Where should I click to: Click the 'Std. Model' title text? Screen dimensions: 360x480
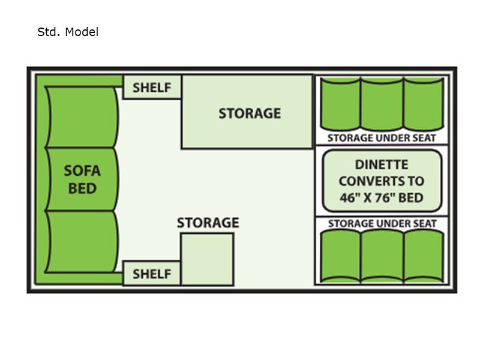pyautogui.click(x=68, y=32)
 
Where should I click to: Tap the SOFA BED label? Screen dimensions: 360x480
pyautogui.click(x=82, y=179)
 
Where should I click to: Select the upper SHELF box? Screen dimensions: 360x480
pyautogui.click(x=152, y=87)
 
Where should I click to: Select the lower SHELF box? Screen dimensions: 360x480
pyautogui.click(x=152, y=274)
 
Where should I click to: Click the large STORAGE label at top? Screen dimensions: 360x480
pyautogui.click(x=249, y=113)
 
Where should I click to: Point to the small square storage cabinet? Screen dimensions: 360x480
pyautogui.click(x=207, y=259)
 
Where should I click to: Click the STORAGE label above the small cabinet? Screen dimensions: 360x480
pyautogui.click(x=208, y=223)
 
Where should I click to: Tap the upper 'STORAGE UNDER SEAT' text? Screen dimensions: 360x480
pyautogui.click(x=382, y=137)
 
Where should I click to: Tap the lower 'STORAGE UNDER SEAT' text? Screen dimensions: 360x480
pyautogui.click(x=382, y=224)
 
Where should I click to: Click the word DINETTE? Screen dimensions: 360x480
pyautogui.click(x=381, y=164)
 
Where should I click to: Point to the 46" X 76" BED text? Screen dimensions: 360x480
pyautogui.click(x=381, y=197)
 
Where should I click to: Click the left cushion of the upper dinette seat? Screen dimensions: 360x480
pyautogui.click(x=341, y=103)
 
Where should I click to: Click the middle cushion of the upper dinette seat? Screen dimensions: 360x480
pyautogui.click(x=382, y=103)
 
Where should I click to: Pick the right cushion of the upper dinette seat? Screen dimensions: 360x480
pyautogui.click(x=423, y=103)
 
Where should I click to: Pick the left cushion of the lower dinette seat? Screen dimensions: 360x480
pyautogui.click(x=341, y=256)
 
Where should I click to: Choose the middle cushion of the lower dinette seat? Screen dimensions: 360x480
pyautogui.click(x=382, y=256)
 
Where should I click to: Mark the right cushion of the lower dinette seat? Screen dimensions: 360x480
pyautogui.click(x=423, y=256)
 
